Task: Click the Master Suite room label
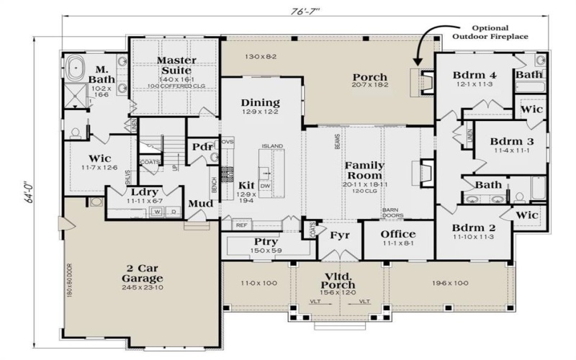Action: tap(174, 66)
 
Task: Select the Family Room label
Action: tap(365, 170)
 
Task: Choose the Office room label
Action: tap(398, 234)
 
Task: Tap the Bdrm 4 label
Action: tap(474, 75)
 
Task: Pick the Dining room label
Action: tap(260, 102)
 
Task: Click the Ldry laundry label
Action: tap(145, 192)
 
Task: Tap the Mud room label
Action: tap(199, 204)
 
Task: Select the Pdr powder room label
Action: tap(202, 148)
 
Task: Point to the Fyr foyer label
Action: tap(339, 235)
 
